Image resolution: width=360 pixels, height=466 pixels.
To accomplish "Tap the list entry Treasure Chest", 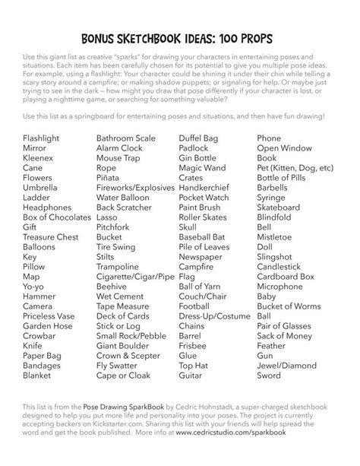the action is pos(51,236).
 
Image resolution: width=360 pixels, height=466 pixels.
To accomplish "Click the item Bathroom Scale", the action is pos(126,138).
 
